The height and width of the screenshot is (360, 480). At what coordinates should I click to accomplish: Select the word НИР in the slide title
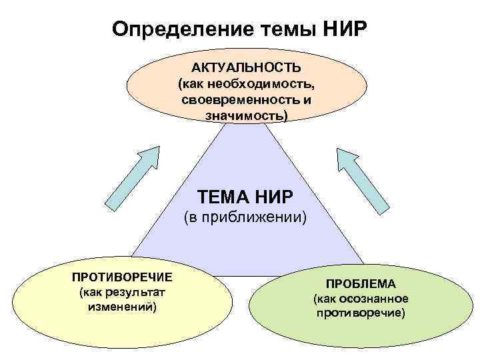click(345, 29)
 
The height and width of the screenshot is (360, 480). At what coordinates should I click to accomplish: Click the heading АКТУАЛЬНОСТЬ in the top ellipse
click(247, 69)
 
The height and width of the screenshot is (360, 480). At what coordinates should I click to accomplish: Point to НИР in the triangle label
click(275, 197)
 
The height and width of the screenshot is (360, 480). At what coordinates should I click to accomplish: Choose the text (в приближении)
click(246, 217)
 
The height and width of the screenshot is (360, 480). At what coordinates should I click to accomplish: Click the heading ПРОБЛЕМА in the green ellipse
click(361, 283)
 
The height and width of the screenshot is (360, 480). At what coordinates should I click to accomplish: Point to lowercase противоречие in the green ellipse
click(361, 313)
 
